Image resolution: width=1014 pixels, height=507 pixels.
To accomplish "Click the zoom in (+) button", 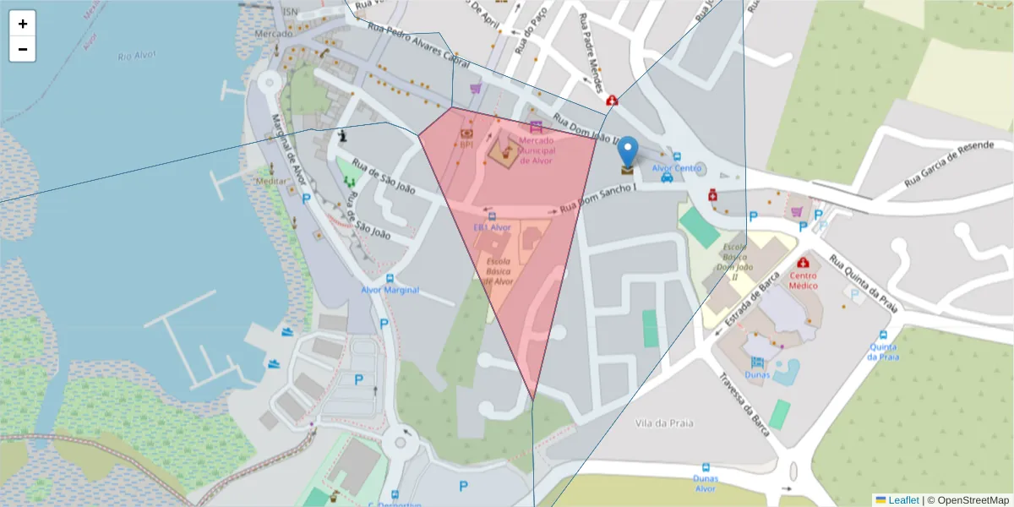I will coord(23,24).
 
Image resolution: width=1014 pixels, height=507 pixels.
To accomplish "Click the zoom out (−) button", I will coord(23,49).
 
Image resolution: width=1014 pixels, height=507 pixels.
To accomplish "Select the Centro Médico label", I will coord(804,280).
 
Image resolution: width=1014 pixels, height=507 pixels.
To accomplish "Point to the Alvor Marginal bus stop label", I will coord(390,290).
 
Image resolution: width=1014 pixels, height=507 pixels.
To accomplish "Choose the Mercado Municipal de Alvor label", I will coord(536,150).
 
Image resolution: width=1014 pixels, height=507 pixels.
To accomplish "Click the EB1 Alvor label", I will coord(492,227).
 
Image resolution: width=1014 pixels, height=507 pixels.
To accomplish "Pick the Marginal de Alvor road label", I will coord(287,153).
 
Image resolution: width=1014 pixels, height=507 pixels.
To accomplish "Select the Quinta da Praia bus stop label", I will coord(884,352).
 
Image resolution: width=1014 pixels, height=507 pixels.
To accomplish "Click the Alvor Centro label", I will coord(677,168).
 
